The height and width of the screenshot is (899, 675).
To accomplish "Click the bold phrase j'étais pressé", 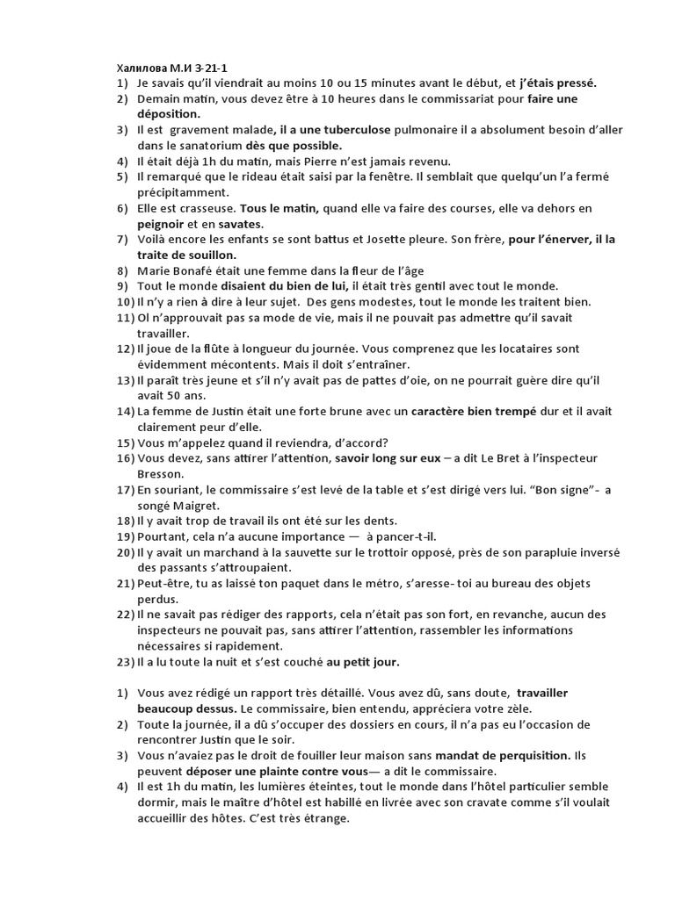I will pyautogui.click(x=557, y=83).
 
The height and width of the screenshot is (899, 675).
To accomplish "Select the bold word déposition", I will pyautogui.click(x=169, y=114).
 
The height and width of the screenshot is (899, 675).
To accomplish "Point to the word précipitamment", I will pyautogui.click(x=183, y=192).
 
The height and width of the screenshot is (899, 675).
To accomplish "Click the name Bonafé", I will pyautogui.click(x=196, y=270).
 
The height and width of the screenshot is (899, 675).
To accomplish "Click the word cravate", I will pyautogui.click(x=477, y=802).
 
